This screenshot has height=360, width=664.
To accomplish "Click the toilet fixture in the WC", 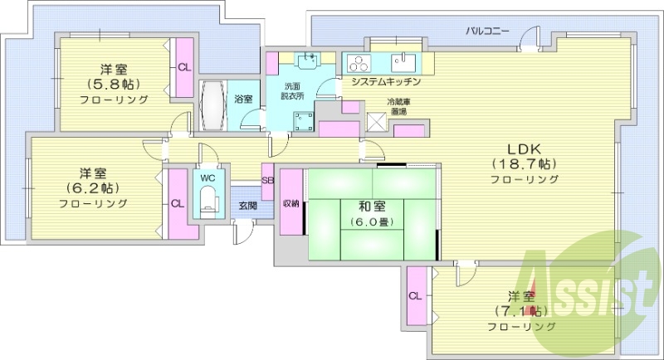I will [x=207, y=199].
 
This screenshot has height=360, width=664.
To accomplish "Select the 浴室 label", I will [x=243, y=99].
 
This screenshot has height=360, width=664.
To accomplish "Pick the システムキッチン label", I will [x=387, y=82].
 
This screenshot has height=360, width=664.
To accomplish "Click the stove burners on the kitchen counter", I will [x=359, y=63].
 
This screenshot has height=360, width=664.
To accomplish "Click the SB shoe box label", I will [x=267, y=180].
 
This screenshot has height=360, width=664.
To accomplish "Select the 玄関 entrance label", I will [x=247, y=206].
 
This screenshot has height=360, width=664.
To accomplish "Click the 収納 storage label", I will [x=290, y=204].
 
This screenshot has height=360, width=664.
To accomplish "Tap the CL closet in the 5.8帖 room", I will [x=183, y=67].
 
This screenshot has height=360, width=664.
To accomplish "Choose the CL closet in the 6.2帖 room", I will [x=177, y=203].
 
